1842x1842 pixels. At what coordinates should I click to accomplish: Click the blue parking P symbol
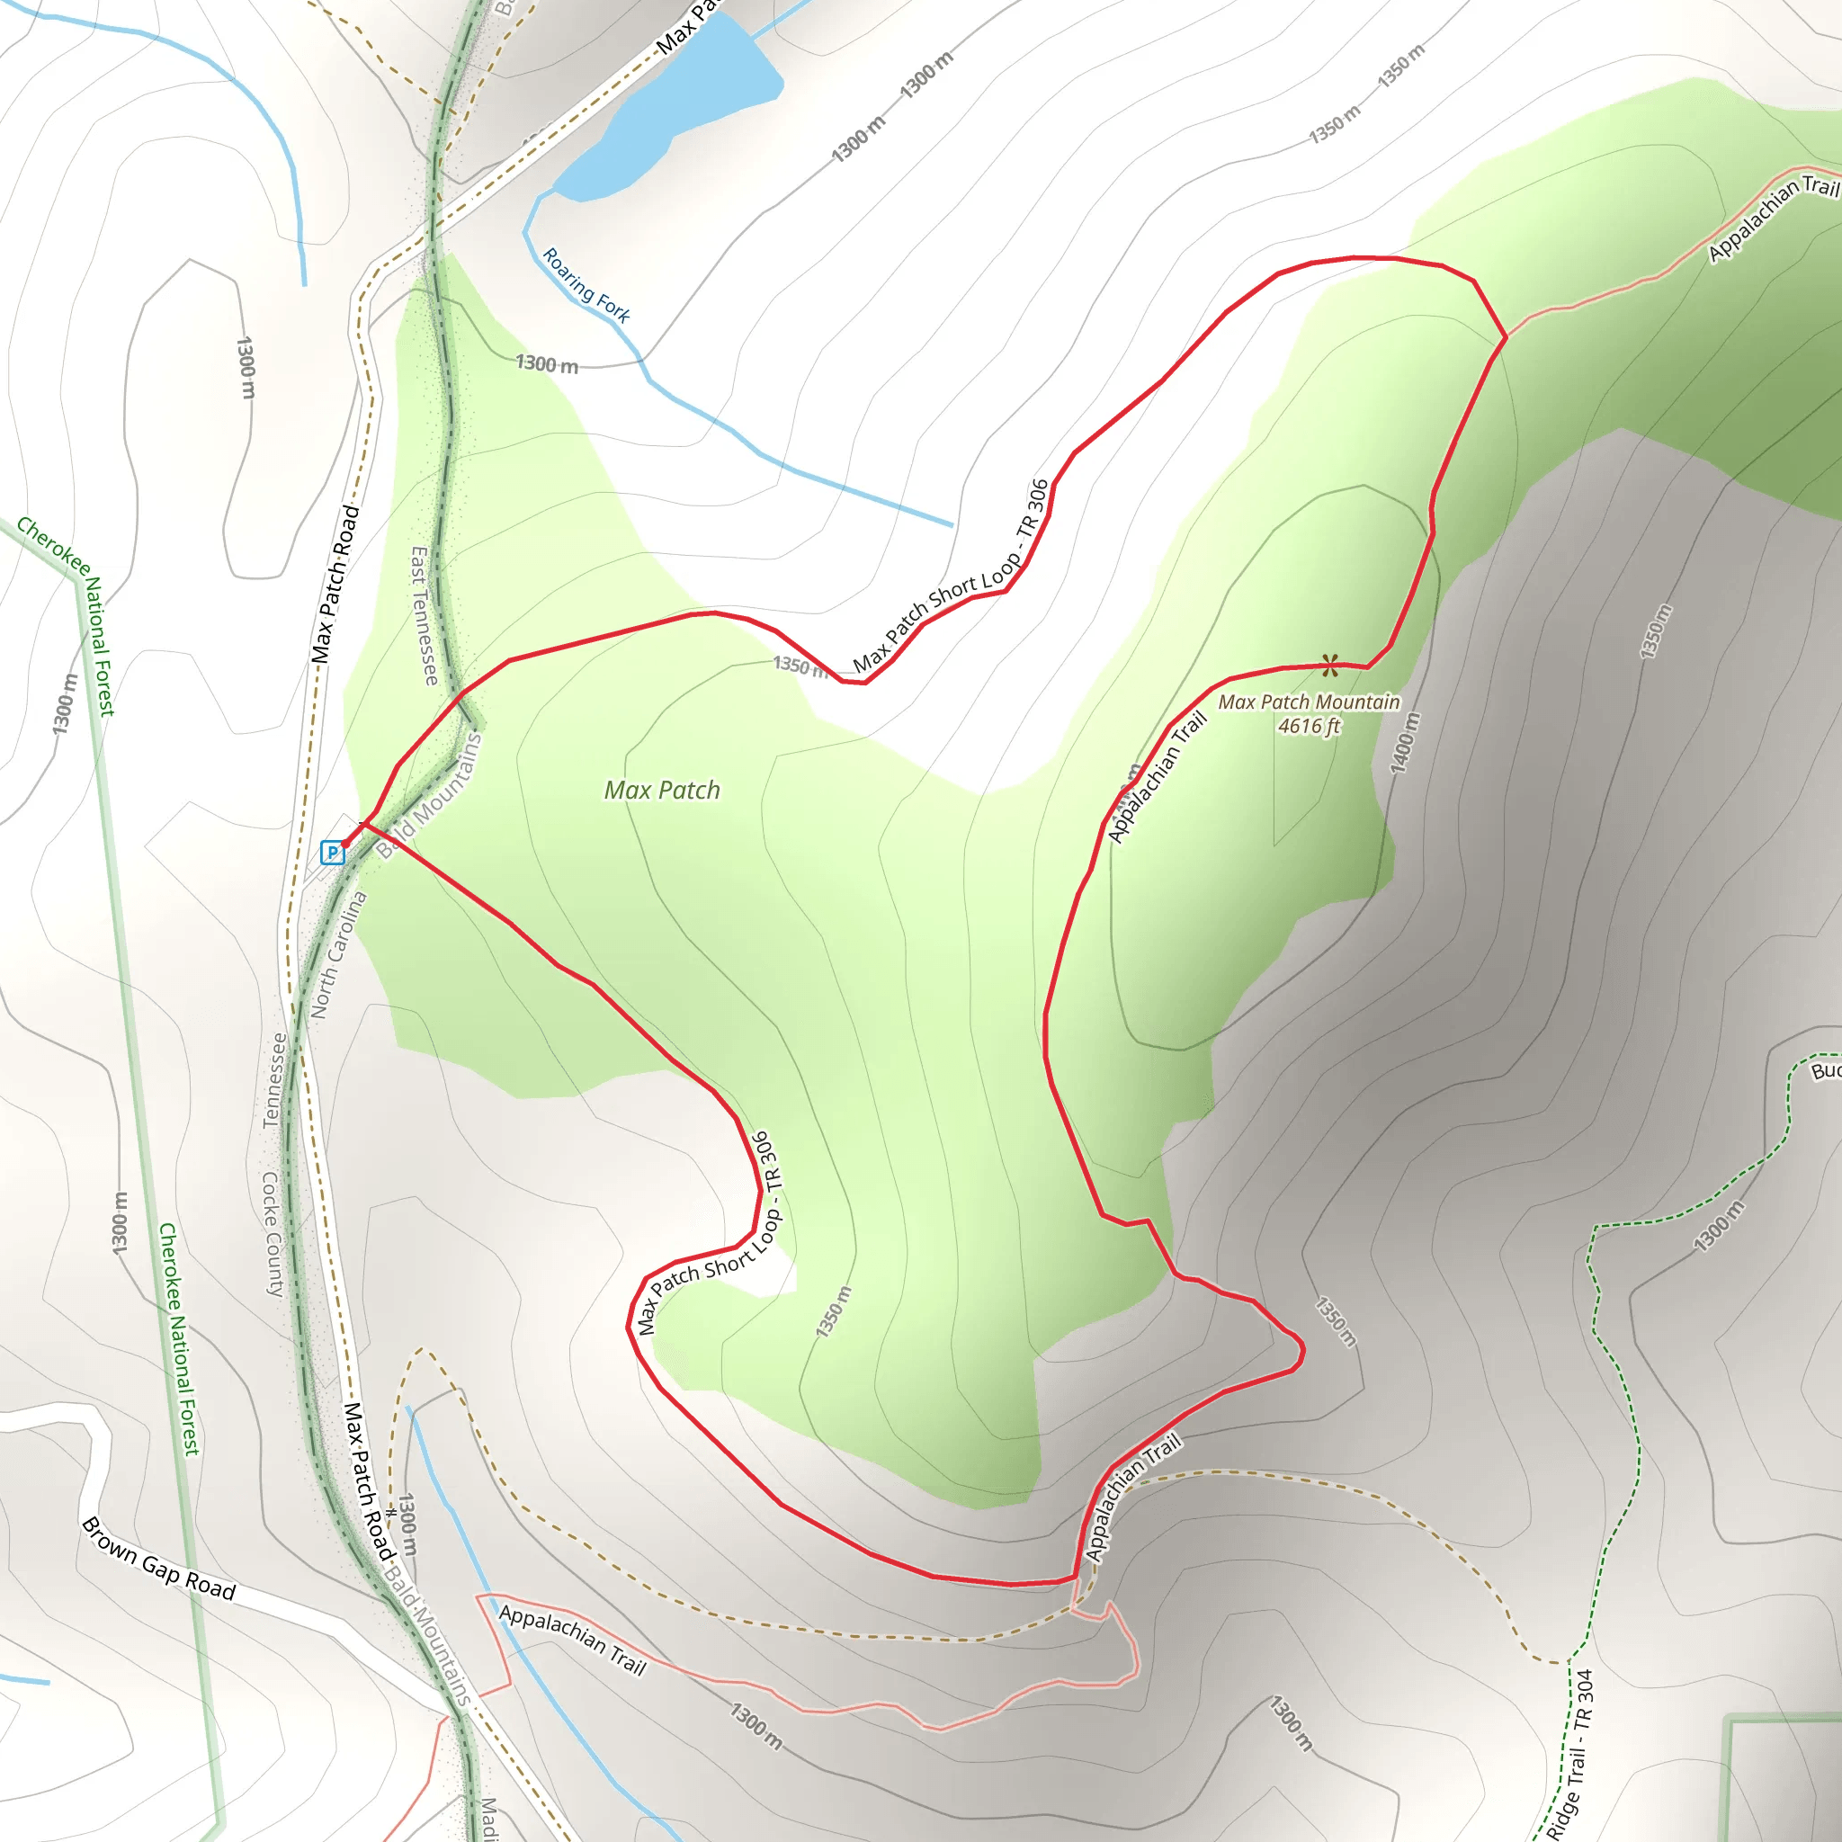[x=332, y=852]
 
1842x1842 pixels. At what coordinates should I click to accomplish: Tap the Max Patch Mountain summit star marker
[x=1330, y=665]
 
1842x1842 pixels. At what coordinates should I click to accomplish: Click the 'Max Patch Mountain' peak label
[x=1308, y=702]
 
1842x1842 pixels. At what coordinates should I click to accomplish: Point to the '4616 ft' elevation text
[x=1308, y=727]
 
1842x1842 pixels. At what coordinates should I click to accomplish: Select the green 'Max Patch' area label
[x=662, y=791]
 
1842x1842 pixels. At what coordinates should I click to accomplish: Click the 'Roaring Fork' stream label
[x=586, y=286]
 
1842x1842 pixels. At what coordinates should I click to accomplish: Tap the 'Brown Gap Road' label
[x=158, y=1559]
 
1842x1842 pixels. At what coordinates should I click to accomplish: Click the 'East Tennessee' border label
[x=425, y=616]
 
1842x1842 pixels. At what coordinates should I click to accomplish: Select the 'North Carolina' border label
[x=338, y=954]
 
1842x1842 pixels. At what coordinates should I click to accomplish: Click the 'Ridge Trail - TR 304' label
[x=1570, y=1754]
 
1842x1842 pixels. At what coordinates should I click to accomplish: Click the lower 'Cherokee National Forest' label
[x=179, y=1339]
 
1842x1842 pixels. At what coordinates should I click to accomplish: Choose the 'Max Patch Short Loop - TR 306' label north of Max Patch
[x=951, y=577]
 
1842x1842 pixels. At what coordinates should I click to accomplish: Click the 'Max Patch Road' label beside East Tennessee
[x=335, y=585]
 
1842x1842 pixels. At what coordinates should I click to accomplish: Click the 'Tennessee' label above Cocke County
[x=273, y=1080]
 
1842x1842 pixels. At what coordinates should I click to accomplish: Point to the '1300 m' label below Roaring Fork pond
[x=546, y=364]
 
